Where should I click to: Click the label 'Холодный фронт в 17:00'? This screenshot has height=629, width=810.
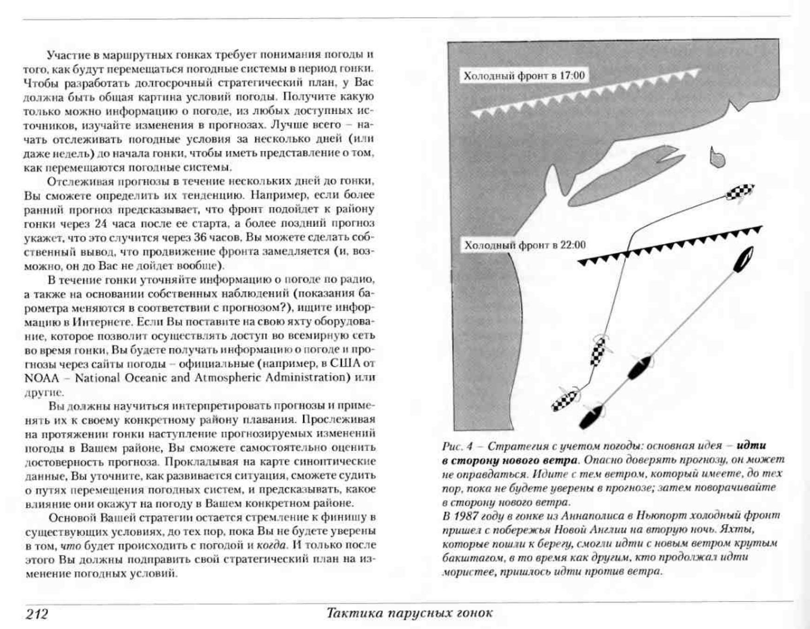[x=524, y=76]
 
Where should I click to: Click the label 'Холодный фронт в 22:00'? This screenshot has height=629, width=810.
[x=525, y=245]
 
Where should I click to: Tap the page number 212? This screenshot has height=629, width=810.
[x=37, y=614]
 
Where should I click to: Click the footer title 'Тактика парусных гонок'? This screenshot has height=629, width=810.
[x=409, y=613]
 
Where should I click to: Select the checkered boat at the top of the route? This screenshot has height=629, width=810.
[x=740, y=192]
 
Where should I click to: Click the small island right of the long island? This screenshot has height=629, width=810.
[x=717, y=158]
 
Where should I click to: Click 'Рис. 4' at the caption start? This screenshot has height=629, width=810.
[x=457, y=446]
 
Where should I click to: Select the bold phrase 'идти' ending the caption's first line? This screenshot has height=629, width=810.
[x=751, y=445]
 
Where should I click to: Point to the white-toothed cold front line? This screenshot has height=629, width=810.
[x=586, y=93]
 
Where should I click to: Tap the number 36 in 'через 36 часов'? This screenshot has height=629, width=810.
[x=200, y=237]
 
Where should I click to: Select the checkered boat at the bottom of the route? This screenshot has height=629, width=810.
[x=564, y=400]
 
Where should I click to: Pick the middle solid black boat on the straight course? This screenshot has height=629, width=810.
[x=639, y=366]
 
